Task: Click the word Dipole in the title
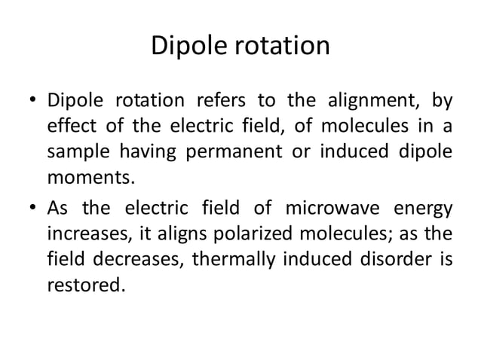[x=185, y=46]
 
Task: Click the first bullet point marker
[x=34, y=101]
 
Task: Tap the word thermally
[x=233, y=259]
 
